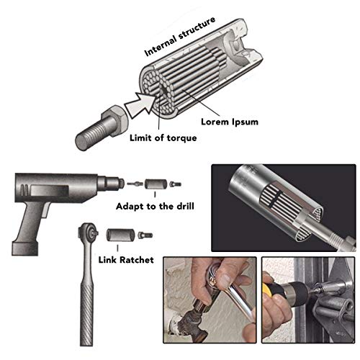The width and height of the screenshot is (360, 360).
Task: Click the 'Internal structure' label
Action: point(179,37)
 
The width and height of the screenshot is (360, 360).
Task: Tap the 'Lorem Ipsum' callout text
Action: point(230,122)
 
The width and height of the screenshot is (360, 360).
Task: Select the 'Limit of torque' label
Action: point(163,138)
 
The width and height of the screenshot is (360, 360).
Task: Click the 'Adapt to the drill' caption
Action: point(155,207)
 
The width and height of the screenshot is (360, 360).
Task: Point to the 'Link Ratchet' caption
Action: point(126,260)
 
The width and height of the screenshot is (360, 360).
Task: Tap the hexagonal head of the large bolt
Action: point(115,121)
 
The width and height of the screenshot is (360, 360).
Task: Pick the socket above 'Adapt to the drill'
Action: point(156,184)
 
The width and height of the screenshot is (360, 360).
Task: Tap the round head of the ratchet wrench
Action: point(88,231)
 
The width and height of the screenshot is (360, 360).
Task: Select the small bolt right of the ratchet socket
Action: point(145,235)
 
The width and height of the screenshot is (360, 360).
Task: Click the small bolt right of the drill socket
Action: point(176,184)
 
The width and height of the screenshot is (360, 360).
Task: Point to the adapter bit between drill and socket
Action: point(135,184)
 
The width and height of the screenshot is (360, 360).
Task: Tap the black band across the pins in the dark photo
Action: point(274,199)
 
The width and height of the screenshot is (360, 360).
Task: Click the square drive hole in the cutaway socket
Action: point(236,45)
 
